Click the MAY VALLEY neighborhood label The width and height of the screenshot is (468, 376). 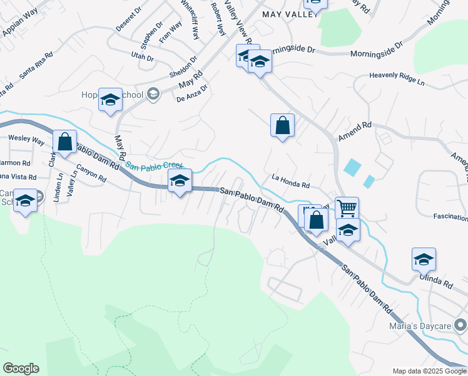pyautogui.click(x=286, y=14)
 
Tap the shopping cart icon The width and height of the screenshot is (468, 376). pyautogui.click(x=347, y=207)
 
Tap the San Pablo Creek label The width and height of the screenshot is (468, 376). pyautogui.click(x=154, y=166)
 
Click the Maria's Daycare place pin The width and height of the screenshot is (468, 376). pyautogui.click(x=460, y=325)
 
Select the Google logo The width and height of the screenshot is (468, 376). pyautogui.click(x=21, y=368)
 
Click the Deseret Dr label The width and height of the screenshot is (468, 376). pyautogui.click(x=129, y=20)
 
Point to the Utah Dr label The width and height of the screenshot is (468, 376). pyautogui.click(x=142, y=57)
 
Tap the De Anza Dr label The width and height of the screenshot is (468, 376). pyautogui.click(x=191, y=95)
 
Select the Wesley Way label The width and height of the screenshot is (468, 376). pyautogui.click(x=26, y=139)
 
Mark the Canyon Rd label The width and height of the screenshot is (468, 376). pyautogui.click(x=91, y=174)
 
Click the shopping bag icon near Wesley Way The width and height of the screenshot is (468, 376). pyautogui.click(x=65, y=142)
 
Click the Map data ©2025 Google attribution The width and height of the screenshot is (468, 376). pyautogui.click(x=429, y=371)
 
